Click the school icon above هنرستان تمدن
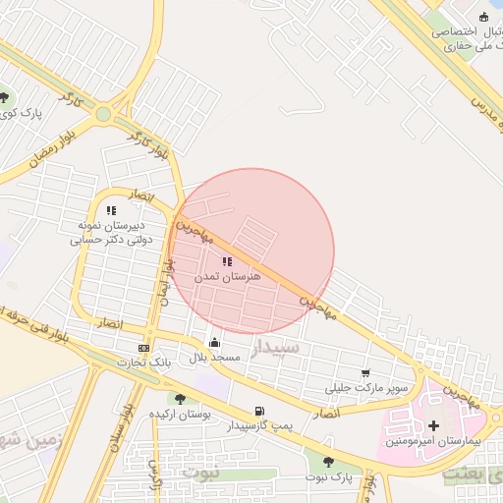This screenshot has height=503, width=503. [227, 261]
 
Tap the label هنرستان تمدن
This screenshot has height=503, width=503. [228, 278]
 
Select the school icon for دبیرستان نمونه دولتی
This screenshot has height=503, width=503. [111, 209]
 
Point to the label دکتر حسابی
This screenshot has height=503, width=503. [112, 239]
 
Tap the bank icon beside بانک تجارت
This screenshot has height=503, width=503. [145, 348]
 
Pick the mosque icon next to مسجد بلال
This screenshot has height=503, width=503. [215, 343]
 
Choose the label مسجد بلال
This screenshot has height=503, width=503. [216, 358]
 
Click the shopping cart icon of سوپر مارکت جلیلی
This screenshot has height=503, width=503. [366, 373]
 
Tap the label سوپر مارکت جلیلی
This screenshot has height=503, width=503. [367, 388]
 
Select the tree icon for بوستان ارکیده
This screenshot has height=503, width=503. [179, 398]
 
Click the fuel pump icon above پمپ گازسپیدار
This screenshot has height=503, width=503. [258, 411]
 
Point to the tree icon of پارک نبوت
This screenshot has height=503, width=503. [328, 462]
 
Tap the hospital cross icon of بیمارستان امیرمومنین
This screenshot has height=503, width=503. [433, 425]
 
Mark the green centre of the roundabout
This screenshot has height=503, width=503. [103, 114]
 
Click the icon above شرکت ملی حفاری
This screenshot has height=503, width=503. [482, 16]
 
